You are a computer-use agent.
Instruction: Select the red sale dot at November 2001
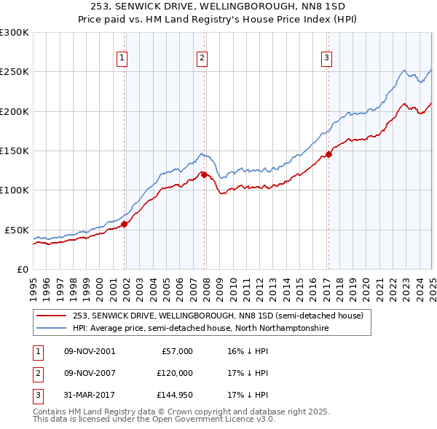tap(125, 224)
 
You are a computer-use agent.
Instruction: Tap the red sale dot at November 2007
tap(205, 175)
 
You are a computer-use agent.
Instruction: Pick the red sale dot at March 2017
tap(329, 154)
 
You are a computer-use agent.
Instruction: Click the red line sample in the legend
tap(51, 316)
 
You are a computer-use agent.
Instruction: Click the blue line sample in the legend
tap(51, 329)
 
